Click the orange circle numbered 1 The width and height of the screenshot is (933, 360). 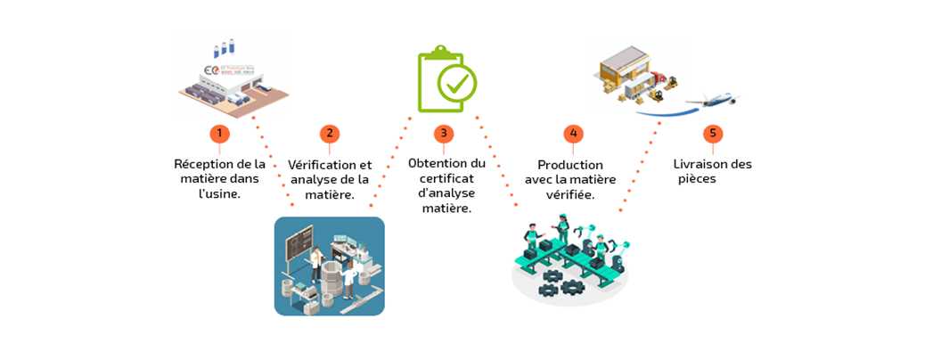pyautogui.click(x=219, y=134)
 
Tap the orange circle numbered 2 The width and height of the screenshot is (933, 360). pyautogui.click(x=330, y=134)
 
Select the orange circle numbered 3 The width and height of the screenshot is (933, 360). pyautogui.click(x=444, y=134)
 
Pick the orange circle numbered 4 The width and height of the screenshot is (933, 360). pyautogui.click(x=573, y=134)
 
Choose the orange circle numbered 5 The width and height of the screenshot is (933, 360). pyautogui.click(x=711, y=134)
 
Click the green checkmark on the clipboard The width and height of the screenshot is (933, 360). pyautogui.click(x=456, y=85)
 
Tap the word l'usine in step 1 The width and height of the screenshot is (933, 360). pyautogui.click(x=219, y=192)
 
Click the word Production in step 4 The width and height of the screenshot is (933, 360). pyautogui.click(x=570, y=165)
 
